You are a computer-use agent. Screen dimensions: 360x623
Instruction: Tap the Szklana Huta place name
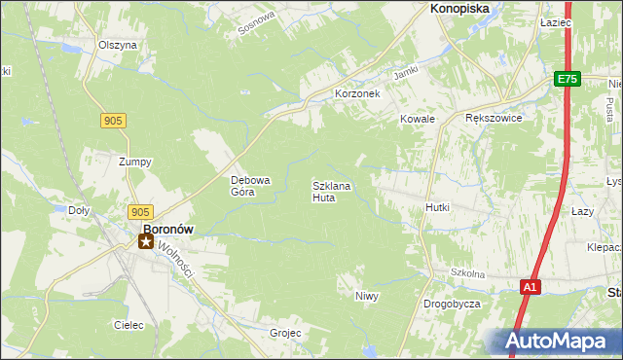pos(331,191)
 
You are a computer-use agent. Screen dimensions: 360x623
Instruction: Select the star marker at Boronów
pos(146,241)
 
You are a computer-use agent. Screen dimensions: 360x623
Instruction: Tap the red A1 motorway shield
pos(530,287)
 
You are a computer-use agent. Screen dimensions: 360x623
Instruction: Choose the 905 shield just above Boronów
pos(140,212)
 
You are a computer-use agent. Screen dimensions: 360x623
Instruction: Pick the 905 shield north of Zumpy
pos(112,120)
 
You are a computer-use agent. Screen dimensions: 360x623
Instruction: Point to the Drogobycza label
pos(452,304)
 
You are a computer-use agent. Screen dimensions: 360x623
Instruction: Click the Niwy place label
pos(366,296)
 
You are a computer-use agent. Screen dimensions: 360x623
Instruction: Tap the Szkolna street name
pos(467,274)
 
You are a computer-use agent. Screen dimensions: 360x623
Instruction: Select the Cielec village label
pos(128,325)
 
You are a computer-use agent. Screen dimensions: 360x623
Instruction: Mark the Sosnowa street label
pos(258,25)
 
